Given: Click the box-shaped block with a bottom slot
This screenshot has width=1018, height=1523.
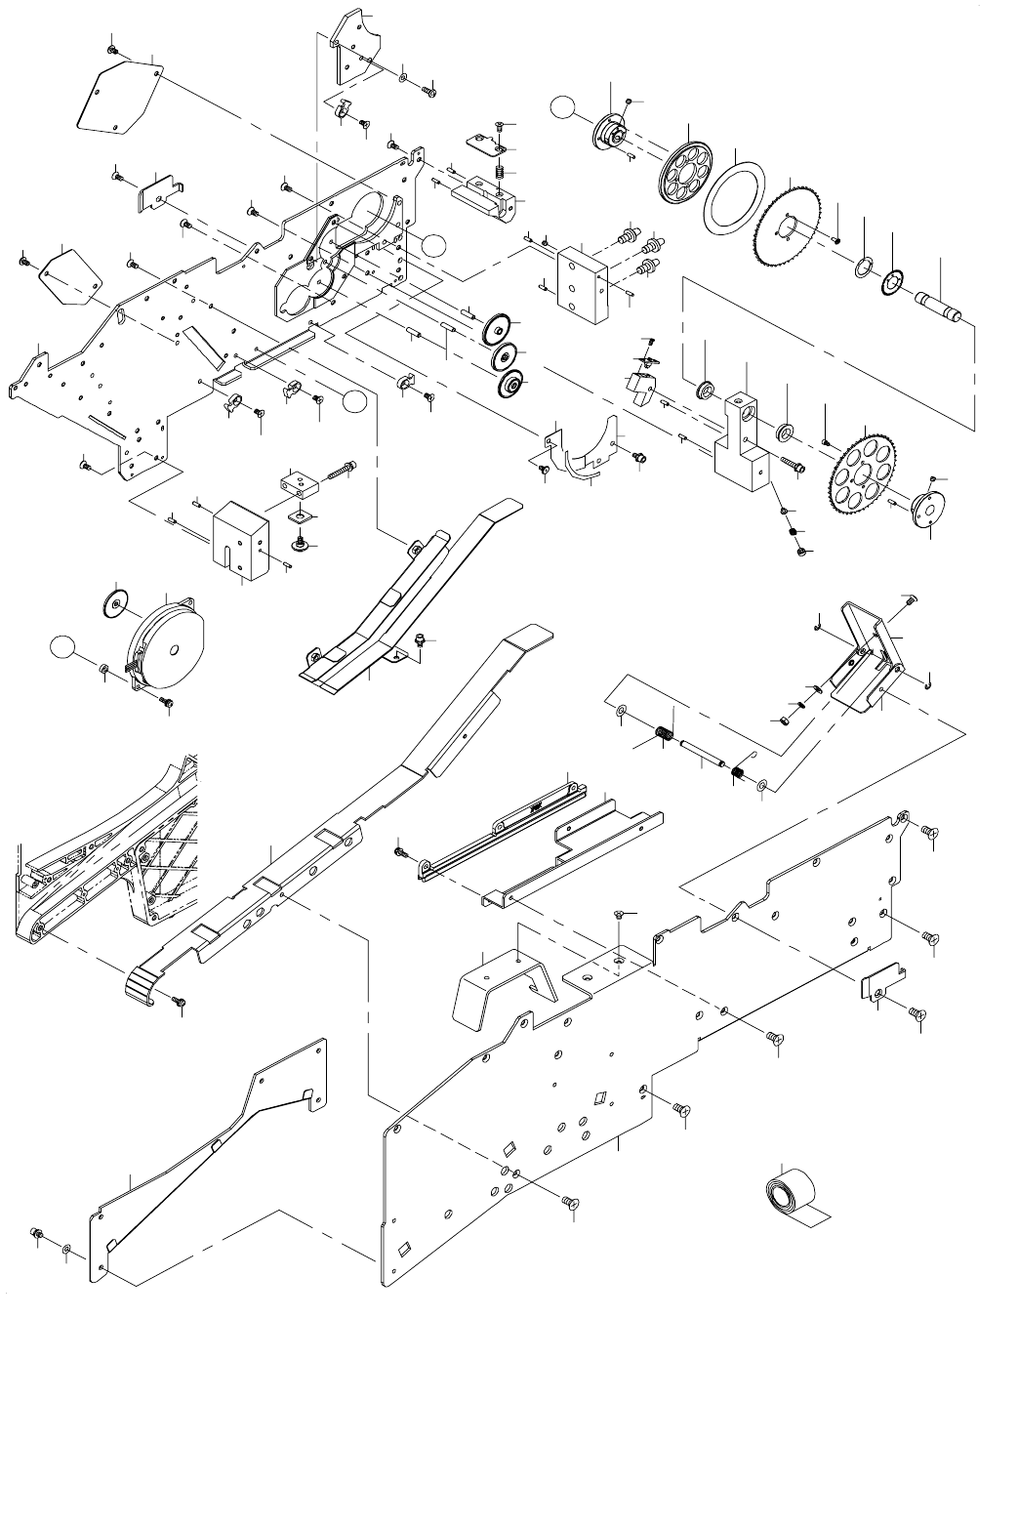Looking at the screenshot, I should click(x=240, y=541).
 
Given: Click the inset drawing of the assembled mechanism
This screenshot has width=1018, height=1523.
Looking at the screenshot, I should click(x=107, y=840).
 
